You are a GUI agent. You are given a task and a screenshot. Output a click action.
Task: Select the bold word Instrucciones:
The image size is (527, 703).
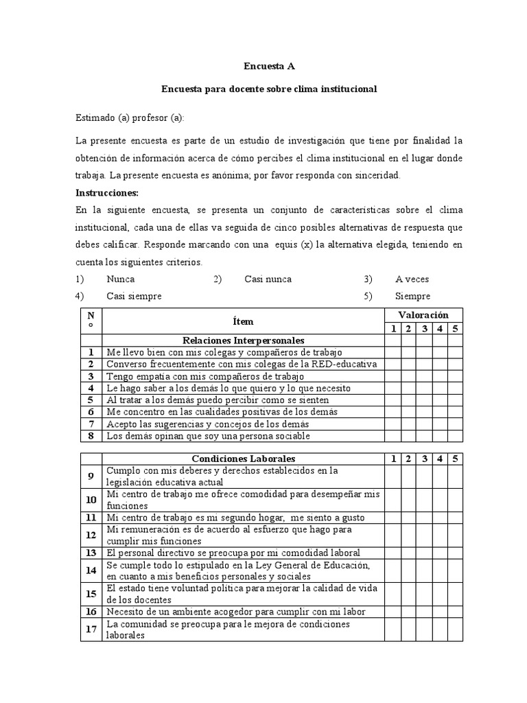coord(107,192)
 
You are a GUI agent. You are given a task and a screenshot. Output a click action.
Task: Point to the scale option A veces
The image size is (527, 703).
coord(412,279)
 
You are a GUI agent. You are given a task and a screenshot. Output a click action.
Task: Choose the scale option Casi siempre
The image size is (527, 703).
coord(134,296)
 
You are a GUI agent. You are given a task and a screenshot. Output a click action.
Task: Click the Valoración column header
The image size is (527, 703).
coord(423,314)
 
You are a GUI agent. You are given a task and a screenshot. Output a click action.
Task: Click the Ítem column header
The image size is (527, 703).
coord(243,321)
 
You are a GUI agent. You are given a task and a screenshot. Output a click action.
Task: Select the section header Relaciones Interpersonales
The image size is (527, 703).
coord(243,341)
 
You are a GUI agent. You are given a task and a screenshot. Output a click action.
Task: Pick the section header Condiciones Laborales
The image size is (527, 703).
coord(243,458)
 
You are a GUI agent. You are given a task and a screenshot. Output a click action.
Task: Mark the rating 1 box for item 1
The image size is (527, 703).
coord(393,352)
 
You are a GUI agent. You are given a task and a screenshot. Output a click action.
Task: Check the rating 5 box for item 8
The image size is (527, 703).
coord(455,436)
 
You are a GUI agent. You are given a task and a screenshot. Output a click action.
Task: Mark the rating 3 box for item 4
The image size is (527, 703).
coord(425,388)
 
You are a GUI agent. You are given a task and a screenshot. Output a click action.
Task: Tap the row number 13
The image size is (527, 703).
coord(91,553)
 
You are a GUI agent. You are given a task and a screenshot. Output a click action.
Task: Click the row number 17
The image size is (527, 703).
coord(91,629)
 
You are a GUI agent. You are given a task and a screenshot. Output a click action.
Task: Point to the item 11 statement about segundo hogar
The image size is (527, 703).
coord(235,518)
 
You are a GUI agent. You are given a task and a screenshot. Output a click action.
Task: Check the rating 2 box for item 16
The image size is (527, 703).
coord(408,612)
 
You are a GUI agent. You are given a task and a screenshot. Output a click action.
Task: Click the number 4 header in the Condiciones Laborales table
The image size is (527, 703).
coord(440,458)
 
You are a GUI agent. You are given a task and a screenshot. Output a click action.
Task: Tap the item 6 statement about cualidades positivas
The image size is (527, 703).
coord(222,412)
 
